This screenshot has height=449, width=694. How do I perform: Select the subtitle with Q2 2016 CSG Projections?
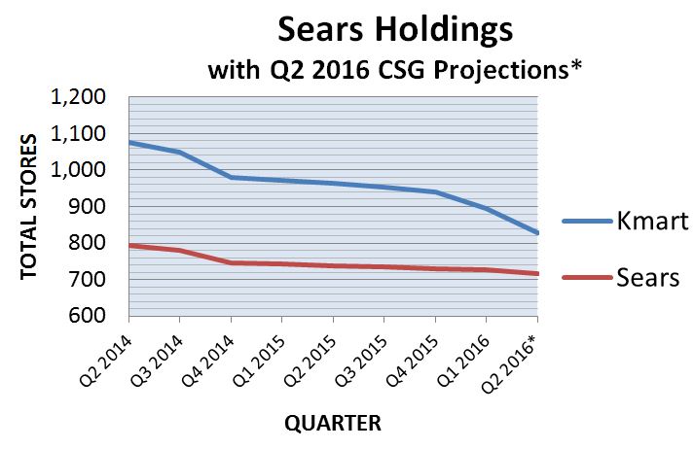(x=394, y=70)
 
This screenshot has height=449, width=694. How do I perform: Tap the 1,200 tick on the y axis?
(x=78, y=97)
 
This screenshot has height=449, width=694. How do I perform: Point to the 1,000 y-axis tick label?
(x=78, y=170)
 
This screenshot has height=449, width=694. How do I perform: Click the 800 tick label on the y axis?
(x=88, y=243)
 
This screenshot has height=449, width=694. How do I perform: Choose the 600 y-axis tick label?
(x=88, y=316)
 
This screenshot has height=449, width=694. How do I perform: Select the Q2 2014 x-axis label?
(x=106, y=362)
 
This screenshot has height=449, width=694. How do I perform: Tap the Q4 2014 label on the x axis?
(x=208, y=362)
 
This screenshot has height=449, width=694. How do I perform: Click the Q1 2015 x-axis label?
(x=259, y=362)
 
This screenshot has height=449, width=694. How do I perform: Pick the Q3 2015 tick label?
(x=361, y=362)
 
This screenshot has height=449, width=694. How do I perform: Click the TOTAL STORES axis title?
(x=28, y=207)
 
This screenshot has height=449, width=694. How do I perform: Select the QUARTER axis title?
(x=332, y=423)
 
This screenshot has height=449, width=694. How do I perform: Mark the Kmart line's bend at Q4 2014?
(x=232, y=178)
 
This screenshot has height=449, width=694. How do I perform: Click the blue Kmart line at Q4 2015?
(x=435, y=191)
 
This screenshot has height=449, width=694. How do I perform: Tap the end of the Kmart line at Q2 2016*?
(x=537, y=233)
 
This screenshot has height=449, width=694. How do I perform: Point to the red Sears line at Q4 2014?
(x=232, y=263)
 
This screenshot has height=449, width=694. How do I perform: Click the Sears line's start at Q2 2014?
(x=129, y=245)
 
